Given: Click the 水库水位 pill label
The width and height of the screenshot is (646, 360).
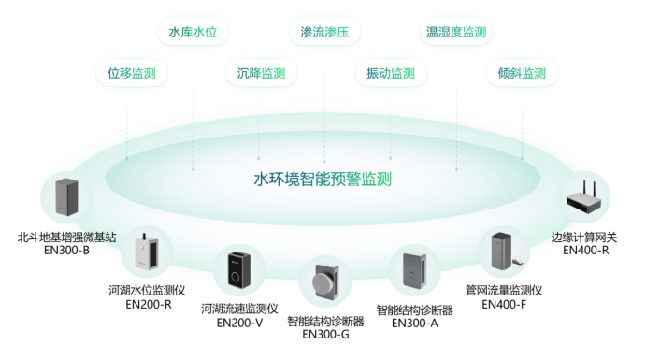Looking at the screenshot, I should click(x=193, y=33).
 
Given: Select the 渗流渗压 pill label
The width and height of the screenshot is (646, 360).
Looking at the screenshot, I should click(x=323, y=33).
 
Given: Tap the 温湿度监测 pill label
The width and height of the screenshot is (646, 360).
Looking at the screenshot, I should click(x=456, y=33).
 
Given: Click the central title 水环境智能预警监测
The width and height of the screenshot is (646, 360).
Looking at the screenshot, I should click(x=323, y=178).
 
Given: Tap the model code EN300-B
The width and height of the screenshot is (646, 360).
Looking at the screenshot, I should click(x=66, y=251).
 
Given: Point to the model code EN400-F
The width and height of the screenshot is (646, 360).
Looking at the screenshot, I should click(x=504, y=304).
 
